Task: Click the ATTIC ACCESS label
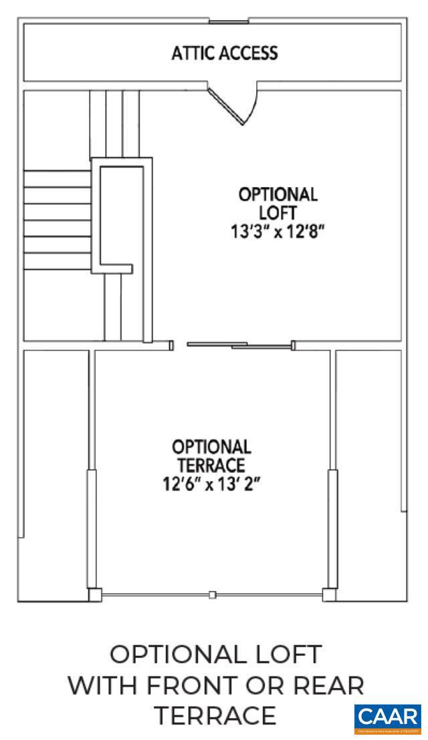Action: [x=225, y=53]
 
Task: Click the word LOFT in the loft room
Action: [x=278, y=212]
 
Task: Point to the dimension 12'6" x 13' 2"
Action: [x=211, y=482]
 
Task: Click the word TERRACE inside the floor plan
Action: [x=211, y=464]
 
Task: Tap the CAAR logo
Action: [x=388, y=718]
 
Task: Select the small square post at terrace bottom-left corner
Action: [x=95, y=594]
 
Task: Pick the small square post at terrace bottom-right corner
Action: [x=329, y=594]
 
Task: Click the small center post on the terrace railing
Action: [x=212, y=594]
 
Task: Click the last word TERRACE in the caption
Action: [x=215, y=716]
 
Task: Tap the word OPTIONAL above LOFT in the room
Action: [x=278, y=195]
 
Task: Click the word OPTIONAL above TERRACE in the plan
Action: [x=211, y=446]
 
